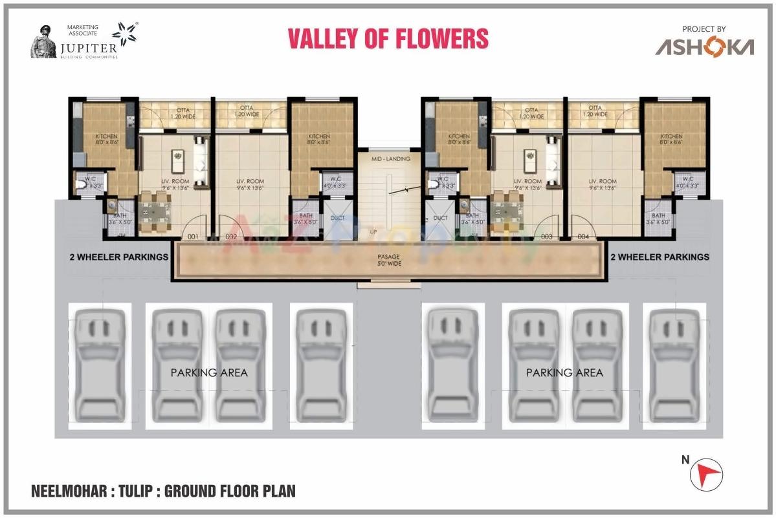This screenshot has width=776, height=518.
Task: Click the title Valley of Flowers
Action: (388, 39)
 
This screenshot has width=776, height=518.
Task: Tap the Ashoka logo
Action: (704, 47)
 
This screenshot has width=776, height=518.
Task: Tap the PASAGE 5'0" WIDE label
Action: (388, 260)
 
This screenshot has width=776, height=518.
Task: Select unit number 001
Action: (193, 237)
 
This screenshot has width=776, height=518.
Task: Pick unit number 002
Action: (231, 237)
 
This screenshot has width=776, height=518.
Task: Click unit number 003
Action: (547, 237)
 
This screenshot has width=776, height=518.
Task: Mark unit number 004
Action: (584, 237)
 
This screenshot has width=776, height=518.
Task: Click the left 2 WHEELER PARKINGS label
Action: (119, 257)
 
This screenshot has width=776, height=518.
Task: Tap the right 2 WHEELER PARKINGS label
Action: (660, 257)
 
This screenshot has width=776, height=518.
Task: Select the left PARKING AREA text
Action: (209, 372)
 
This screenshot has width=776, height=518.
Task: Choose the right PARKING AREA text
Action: (564, 372)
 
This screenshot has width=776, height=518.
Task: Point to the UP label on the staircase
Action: (373, 231)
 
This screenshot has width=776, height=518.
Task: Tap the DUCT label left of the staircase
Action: (338, 218)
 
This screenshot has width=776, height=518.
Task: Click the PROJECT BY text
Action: (704, 29)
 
